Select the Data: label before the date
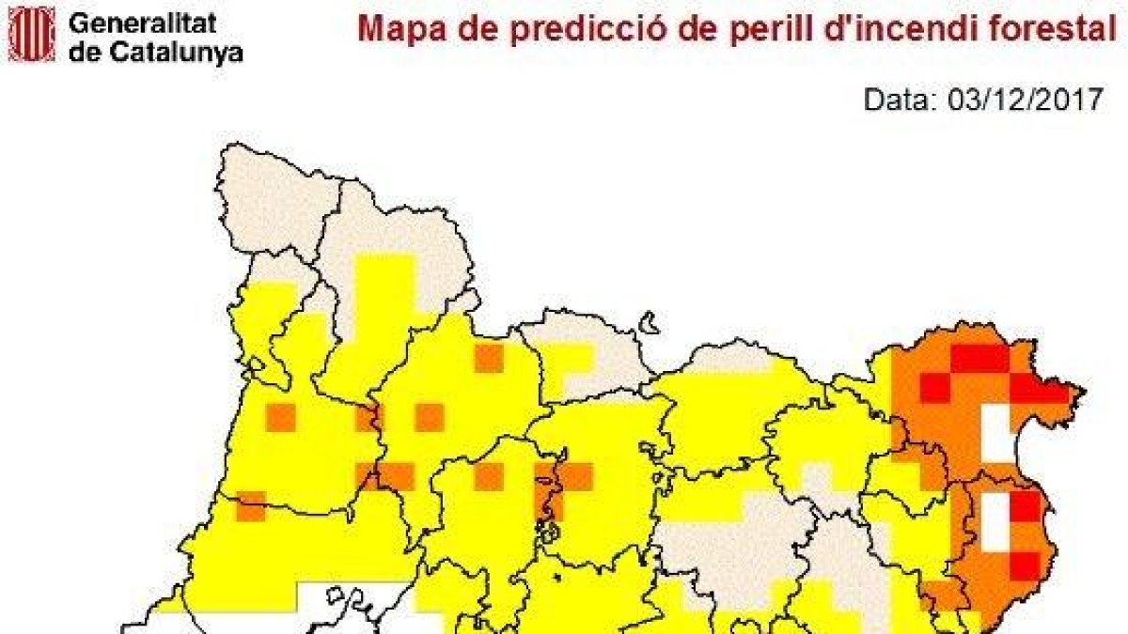pos(897,100)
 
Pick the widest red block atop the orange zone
pos(979,359)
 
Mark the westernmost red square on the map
pos(934,388)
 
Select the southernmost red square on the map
pos(1025,565)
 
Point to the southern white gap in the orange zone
pos(995,521)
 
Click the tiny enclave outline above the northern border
pos(647,324)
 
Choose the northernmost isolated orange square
pos(488,358)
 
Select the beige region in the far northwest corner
pos(268,202)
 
